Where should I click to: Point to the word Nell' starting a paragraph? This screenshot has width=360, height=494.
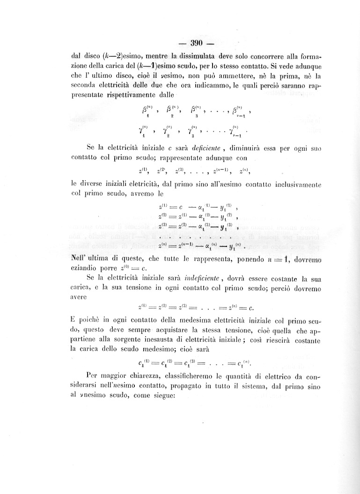(x=81, y=258)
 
